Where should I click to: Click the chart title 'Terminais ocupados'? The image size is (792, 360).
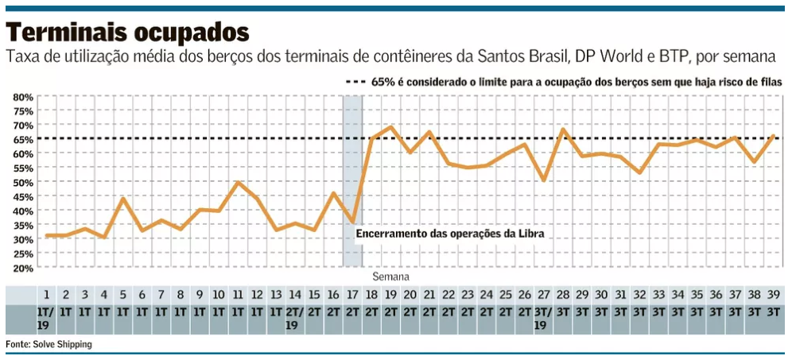coord(127,32)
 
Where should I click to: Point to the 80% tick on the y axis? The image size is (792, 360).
coord(22,97)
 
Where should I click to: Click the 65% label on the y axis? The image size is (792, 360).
coord(22,139)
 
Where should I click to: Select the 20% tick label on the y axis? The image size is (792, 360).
coord(22,268)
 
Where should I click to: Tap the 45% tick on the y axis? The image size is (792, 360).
coord(22,196)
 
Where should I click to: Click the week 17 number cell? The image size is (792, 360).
coord(353,293)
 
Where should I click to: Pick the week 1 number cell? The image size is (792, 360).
coord(46,293)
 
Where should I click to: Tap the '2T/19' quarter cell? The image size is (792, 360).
coord(295,318)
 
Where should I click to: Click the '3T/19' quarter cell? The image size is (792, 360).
coord(544,318)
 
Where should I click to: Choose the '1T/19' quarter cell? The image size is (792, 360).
coord(46,318)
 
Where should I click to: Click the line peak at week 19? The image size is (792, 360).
coord(391,126)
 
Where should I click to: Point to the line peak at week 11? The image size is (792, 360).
coord(238,183)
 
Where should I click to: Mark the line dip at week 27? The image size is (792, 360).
coord(544,180)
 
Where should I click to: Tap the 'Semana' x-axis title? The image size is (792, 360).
coord(391,277)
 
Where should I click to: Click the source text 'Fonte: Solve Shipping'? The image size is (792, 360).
coord(49,344)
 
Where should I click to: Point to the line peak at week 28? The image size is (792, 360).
coord(563,129)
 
